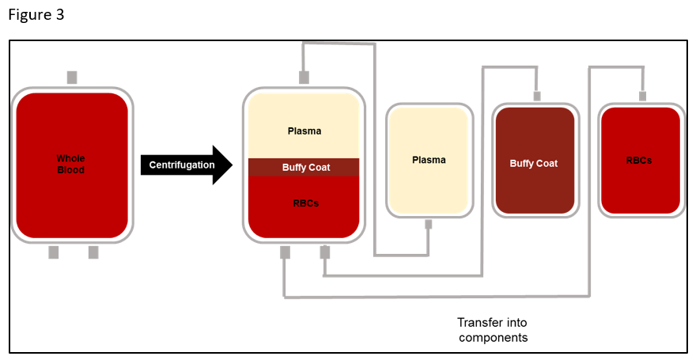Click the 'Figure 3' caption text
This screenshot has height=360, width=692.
[37, 15]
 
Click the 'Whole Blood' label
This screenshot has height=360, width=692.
[70, 164]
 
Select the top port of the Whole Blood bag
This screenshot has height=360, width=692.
[72, 78]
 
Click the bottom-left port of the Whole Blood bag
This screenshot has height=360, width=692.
[54, 252]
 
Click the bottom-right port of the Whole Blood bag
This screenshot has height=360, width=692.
[93, 252]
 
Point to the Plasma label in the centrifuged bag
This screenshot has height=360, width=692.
[304, 131]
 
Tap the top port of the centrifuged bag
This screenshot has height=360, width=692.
[304, 78]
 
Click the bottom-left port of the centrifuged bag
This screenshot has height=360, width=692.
[285, 252]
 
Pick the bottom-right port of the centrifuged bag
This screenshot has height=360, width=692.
[324, 252]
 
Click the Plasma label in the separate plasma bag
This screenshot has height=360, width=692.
[429, 160]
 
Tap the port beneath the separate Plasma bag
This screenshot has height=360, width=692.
[429, 224]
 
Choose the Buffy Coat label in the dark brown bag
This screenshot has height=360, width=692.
[534, 163]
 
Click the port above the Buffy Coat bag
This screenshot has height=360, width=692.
[537, 97]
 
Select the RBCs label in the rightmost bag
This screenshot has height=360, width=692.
[639, 160]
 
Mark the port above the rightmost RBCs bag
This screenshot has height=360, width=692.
[642, 97]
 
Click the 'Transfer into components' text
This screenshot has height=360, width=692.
[492, 329]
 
